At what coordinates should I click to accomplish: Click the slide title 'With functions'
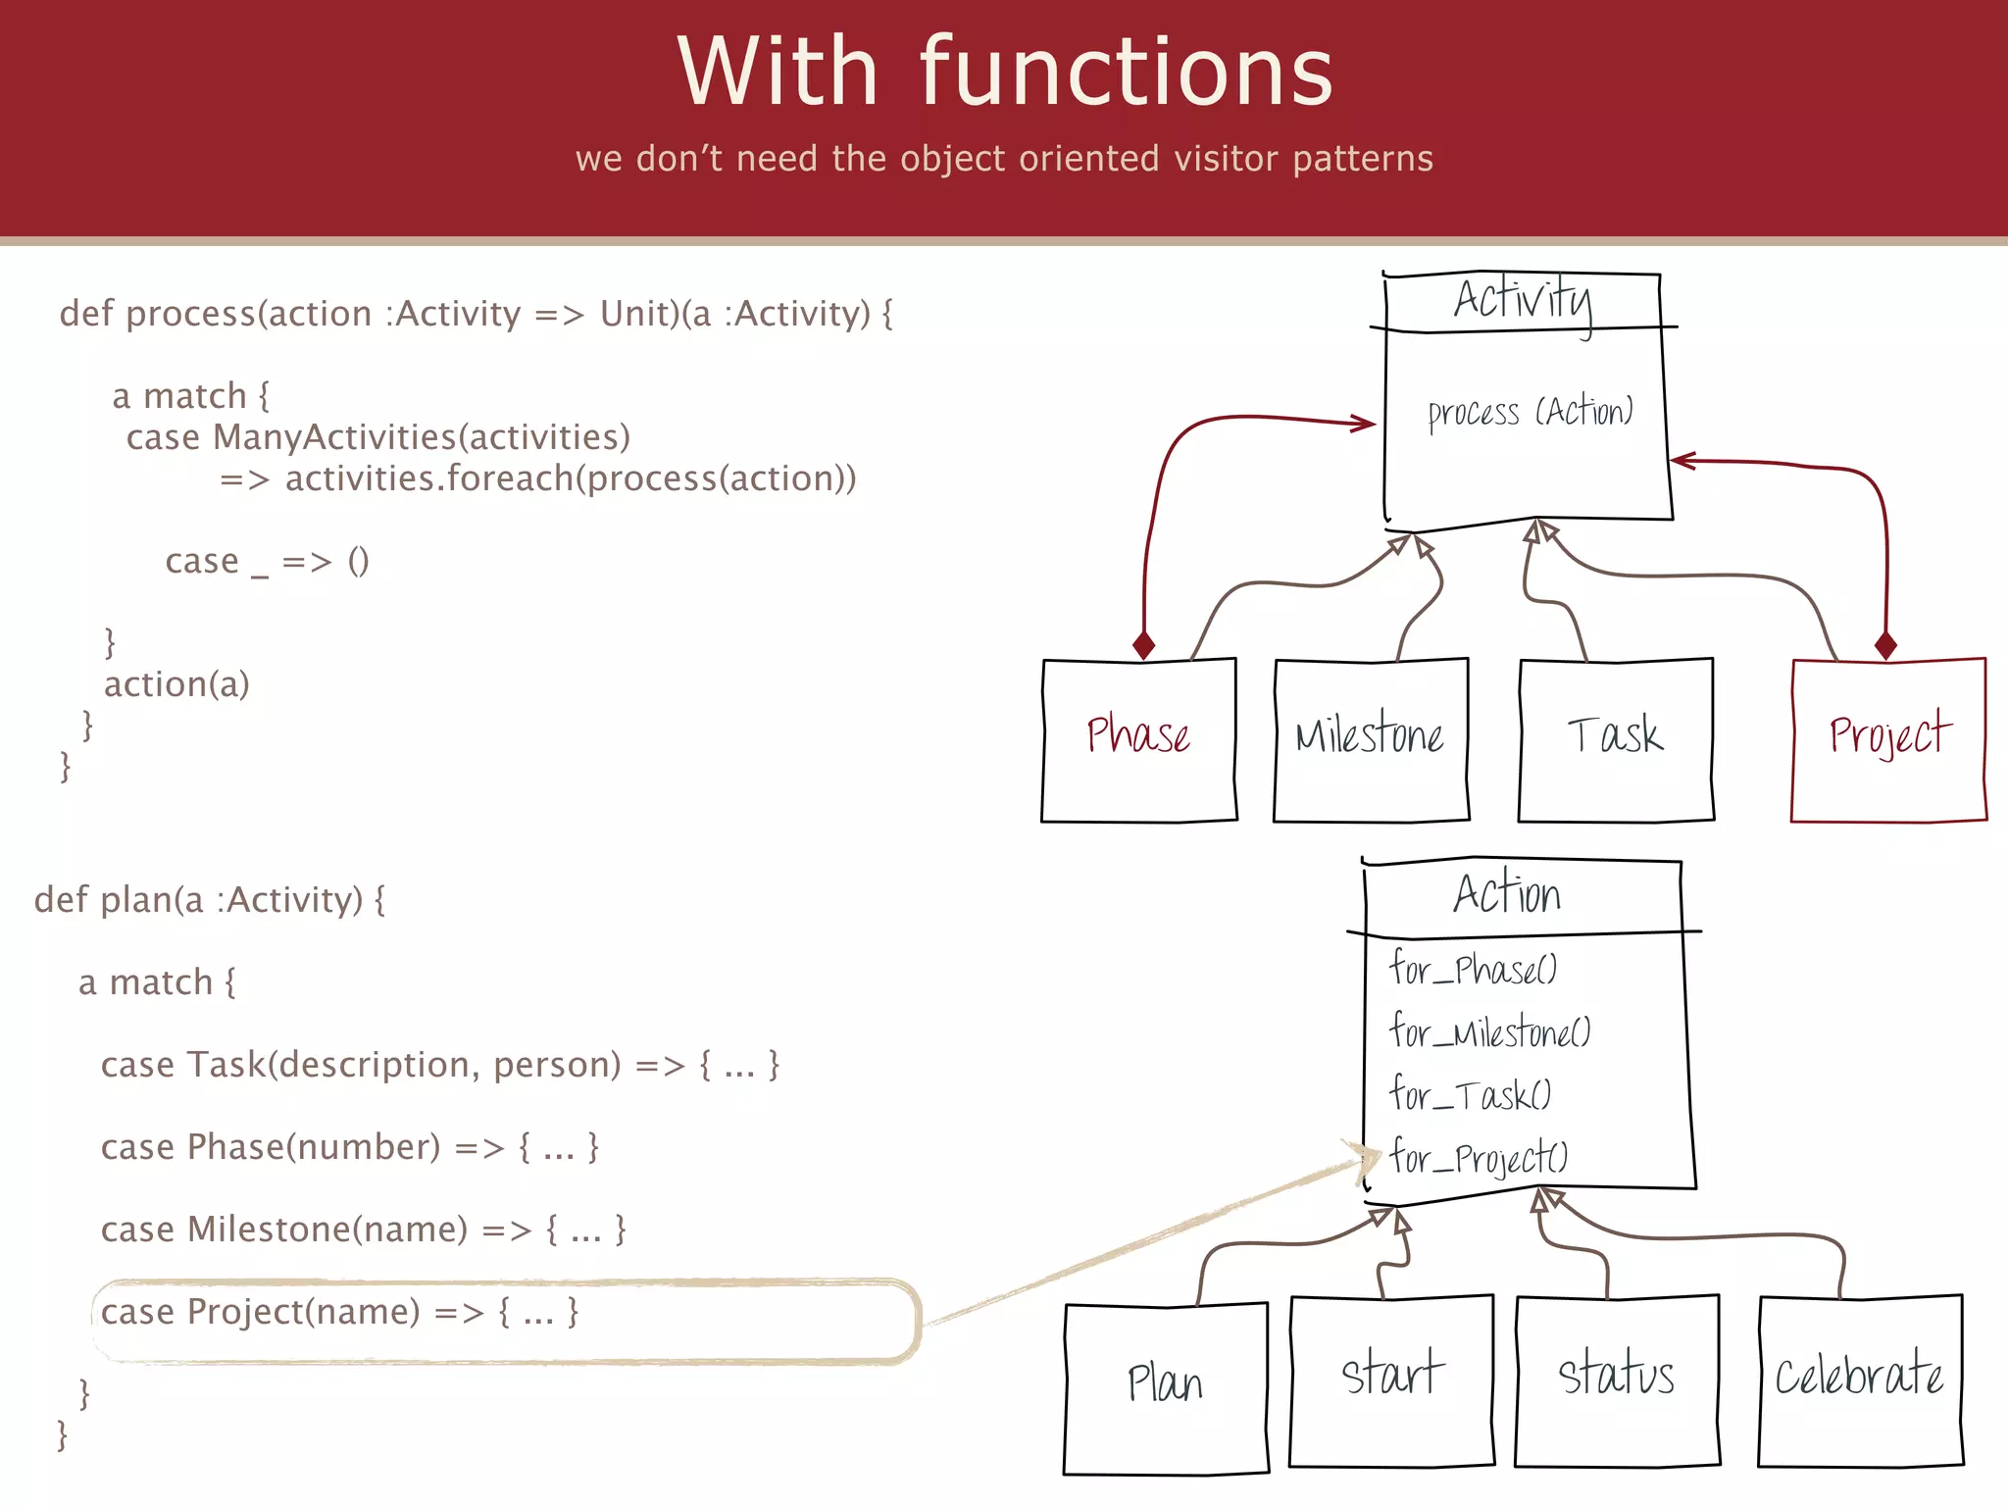(x=1004, y=73)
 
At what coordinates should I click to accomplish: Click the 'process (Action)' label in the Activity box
(x=1530, y=412)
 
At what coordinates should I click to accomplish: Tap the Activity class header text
(x=1523, y=299)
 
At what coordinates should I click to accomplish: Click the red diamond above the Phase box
(x=1143, y=645)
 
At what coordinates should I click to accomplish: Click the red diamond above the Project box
(x=1884, y=645)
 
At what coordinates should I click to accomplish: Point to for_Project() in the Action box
(x=1478, y=1158)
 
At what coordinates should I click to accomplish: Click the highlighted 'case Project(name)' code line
(x=339, y=1312)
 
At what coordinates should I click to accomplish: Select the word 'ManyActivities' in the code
(x=334, y=437)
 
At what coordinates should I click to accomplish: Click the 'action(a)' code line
(x=176, y=684)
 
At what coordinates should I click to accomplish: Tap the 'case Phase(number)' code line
(x=349, y=1147)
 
